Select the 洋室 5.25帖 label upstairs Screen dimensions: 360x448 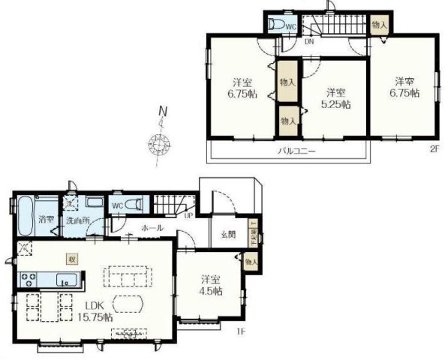tap(335, 99)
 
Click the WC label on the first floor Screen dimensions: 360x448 tap(118, 205)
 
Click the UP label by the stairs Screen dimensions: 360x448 tap(189, 216)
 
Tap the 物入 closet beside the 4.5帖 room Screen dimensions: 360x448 tap(251, 261)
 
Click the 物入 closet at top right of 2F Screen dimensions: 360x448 tap(380, 25)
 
